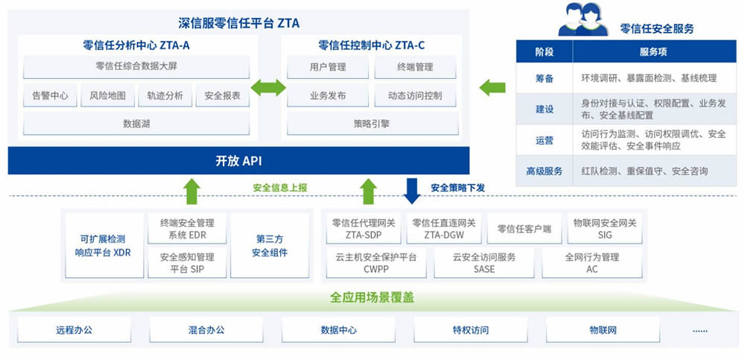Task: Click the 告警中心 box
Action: coord(51,95)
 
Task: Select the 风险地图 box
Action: coord(107,95)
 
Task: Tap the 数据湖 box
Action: coord(136,124)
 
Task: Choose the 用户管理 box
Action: coord(328,67)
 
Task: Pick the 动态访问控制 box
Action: coord(415,95)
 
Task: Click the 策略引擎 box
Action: coord(372,124)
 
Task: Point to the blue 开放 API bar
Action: coord(238,161)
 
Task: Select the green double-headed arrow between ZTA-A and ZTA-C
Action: coord(268,87)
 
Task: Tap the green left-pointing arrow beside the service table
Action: coord(492,87)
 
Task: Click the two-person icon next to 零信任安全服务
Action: coord(583,19)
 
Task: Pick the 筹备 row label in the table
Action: coord(545,78)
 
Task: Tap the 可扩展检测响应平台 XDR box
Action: coord(104,245)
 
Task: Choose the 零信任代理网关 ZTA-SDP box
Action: coord(364,228)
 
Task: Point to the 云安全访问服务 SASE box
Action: coord(484,263)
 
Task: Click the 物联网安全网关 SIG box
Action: coord(605,228)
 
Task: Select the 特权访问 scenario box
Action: coord(470,329)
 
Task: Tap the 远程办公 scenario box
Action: coord(74,329)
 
